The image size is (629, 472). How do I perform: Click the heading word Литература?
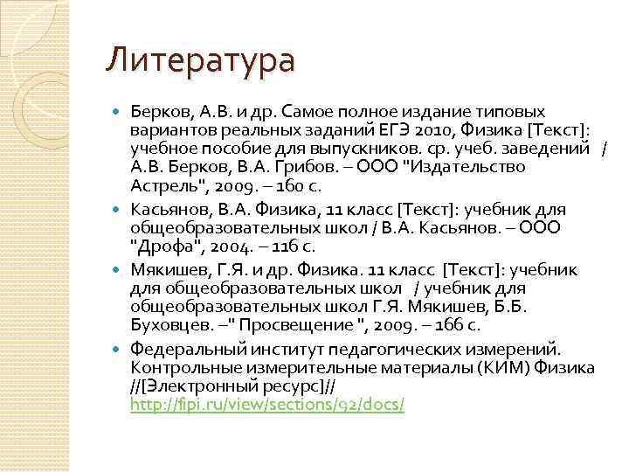click(x=200, y=60)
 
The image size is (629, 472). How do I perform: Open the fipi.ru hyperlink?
click(x=266, y=405)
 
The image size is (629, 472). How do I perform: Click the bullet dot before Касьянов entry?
click(x=119, y=210)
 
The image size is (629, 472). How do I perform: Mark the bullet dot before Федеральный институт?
click(x=119, y=348)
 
